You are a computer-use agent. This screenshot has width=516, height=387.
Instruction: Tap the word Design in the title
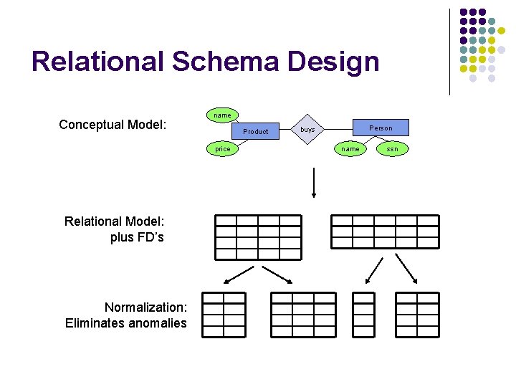click(x=333, y=62)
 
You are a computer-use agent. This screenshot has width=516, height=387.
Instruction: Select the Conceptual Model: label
click(x=113, y=125)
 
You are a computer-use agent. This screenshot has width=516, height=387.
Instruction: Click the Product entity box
click(x=256, y=131)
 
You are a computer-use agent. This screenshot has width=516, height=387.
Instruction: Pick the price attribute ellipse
click(x=223, y=149)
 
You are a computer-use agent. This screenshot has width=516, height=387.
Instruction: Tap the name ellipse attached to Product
click(x=223, y=115)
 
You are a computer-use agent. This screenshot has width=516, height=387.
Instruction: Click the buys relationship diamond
click(x=307, y=130)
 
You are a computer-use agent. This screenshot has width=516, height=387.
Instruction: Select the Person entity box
click(x=381, y=128)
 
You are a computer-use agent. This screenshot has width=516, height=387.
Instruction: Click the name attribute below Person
click(x=350, y=149)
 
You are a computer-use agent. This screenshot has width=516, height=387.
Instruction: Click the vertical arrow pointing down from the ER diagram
click(x=313, y=183)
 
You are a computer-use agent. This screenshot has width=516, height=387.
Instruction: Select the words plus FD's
click(x=137, y=237)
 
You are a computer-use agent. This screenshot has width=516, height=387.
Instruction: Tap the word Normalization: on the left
click(x=146, y=307)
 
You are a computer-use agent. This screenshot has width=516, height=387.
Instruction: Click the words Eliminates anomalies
click(x=126, y=323)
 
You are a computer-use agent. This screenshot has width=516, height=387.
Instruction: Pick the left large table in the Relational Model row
click(x=259, y=236)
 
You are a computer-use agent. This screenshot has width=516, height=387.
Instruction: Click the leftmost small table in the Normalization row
click(x=224, y=315)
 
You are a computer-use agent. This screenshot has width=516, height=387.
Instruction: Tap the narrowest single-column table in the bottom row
click(x=364, y=315)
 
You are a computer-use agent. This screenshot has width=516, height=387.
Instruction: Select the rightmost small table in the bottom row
click(x=417, y=315)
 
